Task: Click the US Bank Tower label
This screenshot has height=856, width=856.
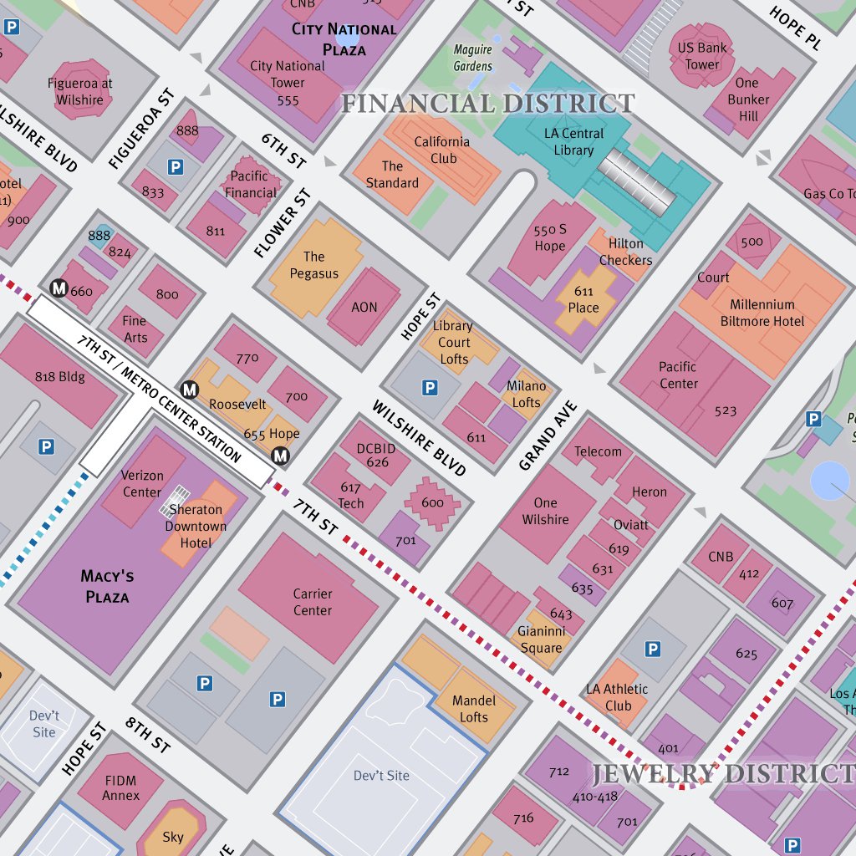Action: click(x=702, y=56)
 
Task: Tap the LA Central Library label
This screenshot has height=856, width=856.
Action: click(x=573, y=142)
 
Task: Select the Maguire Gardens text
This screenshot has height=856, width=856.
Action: click(x=473, y=59)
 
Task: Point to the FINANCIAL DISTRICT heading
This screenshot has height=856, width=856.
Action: click(x=487, y=104)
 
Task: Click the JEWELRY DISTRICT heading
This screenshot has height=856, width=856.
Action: click(x=724, y=774)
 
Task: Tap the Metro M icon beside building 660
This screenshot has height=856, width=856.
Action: click(x=59, y=288)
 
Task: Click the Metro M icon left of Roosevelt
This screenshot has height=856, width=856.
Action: click(x=190, y=389)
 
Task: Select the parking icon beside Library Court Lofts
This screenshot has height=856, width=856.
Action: click(x=430, y=387)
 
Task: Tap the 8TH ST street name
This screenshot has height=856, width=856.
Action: click(x=148, y=733)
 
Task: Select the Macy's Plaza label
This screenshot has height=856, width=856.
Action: click(x=107, y=586)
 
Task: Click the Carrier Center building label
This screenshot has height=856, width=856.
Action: click(x=313, y=602)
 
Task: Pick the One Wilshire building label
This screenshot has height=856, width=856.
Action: click(x=545, y=511)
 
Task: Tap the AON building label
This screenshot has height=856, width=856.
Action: click(x=364, y=307)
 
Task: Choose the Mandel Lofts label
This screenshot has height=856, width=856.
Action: click(x=474, y=708)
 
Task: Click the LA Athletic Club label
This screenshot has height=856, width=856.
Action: click(x=617, y=697)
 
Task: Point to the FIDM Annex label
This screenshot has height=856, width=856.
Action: click(x=120, y=787)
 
